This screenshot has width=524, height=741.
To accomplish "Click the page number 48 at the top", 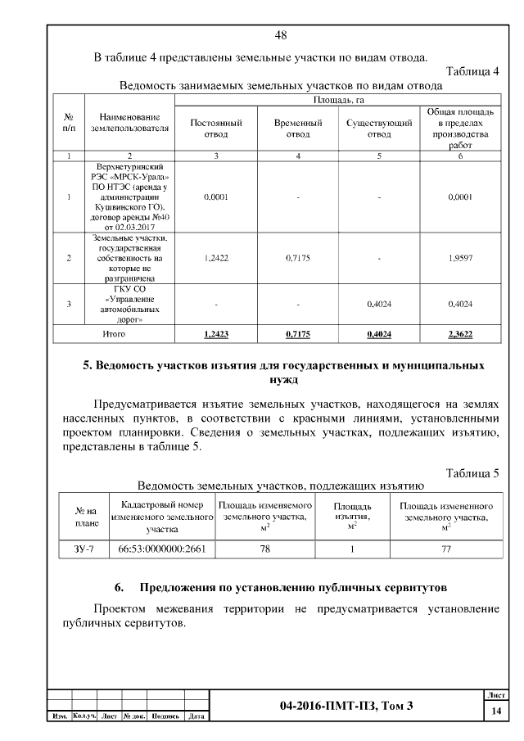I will click(x=281, y=35).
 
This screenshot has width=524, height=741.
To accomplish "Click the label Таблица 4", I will click(x=472, y=71).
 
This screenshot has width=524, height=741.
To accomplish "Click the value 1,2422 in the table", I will click(x=216, y=258).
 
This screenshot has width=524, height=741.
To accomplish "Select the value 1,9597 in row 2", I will click(x=460, y=258).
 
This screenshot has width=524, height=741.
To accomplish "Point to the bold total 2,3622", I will click(x=460, y=334).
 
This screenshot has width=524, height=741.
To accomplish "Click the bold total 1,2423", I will click(x=216, y=334).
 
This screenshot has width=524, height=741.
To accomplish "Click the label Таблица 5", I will click(x=472, y=473).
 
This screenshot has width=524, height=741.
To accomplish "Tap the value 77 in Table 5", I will click(x=446, y=549).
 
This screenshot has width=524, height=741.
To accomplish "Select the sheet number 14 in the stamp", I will click(x=496, y=712).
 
